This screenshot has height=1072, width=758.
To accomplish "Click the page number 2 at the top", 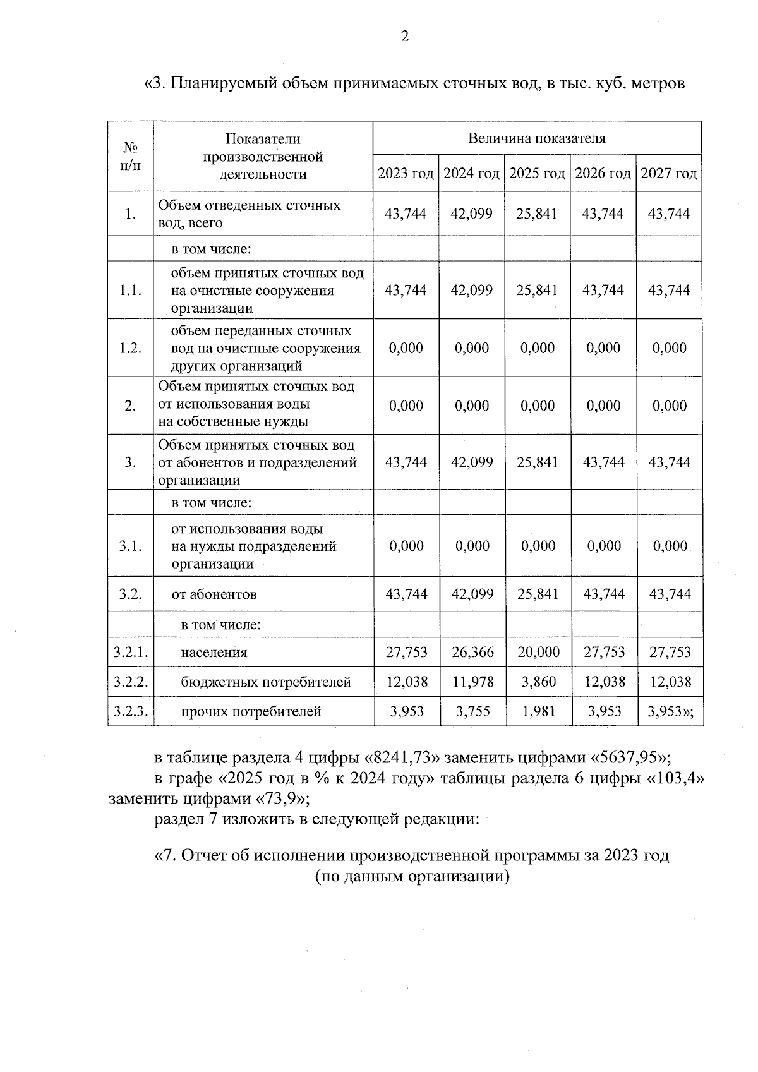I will pyautogui.click(x=405, y=36).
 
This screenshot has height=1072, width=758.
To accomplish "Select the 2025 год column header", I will pyautogui.click(x=537, y=174).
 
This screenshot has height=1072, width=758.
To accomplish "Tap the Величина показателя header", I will pyautogui.click(x=536, y=138).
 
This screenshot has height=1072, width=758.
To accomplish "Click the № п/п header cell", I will pyautogui.click(x=131, y=156).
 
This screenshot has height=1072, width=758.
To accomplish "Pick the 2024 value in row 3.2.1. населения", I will pyautogui.click(x=472, y=653).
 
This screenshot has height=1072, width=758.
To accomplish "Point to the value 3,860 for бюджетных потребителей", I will pyautogui.click(x=539, y=682).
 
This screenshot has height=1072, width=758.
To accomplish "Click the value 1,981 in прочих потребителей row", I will pyautogui.click(x=539, y=712).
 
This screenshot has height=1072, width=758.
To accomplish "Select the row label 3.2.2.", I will pyautogui.click(x=131, y=682).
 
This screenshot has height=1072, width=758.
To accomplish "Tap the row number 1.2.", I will pyautogui.click(x=131, y=348).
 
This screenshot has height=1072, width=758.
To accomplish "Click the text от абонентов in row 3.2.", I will pyautogui.click(x=214, y=594).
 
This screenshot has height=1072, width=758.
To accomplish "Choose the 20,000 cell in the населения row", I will pyautogui.click(x=539, y=653).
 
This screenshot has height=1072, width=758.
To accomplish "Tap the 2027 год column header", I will pyautogui.click(x=669, y=174).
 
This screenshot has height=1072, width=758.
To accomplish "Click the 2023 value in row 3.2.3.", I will pyautogui.click(x=407, y=712).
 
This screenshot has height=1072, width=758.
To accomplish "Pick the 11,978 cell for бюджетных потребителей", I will pyautogui.click(x=472, y=682).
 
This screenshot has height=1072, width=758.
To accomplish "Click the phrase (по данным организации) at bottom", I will pyautogui.click(x=412, y=877).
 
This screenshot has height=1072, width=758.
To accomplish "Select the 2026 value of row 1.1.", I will pyautogui.click(x=603, y=291).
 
